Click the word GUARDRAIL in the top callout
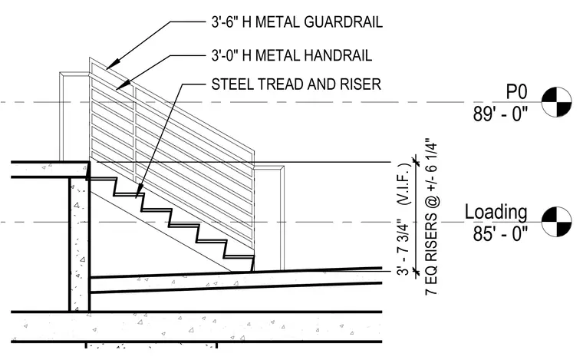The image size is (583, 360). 343,22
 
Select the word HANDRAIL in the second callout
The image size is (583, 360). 338,55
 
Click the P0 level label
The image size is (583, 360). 517,91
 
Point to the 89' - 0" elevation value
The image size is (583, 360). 500,114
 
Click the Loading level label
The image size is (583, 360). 496,213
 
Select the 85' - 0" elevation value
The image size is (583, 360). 500,234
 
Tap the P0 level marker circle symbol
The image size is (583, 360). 557,102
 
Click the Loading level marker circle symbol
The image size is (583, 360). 557,222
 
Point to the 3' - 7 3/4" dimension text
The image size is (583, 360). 403,249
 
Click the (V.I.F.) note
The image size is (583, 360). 403,184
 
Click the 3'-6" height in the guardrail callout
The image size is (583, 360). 225,22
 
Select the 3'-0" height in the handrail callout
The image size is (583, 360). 225,55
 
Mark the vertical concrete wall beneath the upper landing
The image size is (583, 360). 79,244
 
